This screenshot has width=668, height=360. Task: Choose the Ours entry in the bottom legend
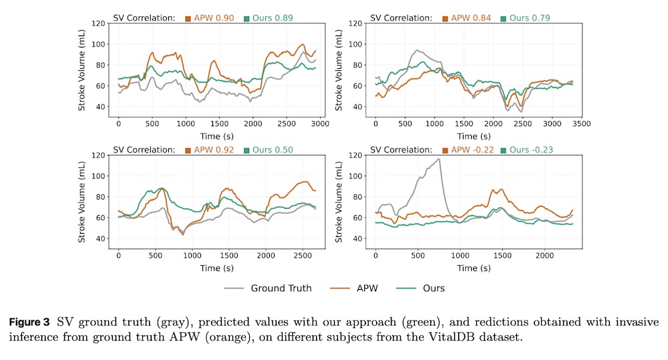click(x=433, y=288)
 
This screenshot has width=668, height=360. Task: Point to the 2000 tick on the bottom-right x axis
click(x=544, y=256)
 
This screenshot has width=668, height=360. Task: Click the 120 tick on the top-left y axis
click(x=98, y=23)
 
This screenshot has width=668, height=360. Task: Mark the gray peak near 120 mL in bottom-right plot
click(x=439, y=159)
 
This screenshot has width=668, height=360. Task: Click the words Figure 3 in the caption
click(x=31, y=322)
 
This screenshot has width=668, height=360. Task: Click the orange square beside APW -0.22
click(x=446, y=150)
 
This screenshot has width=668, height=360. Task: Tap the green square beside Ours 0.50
click(x=246, y=150)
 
